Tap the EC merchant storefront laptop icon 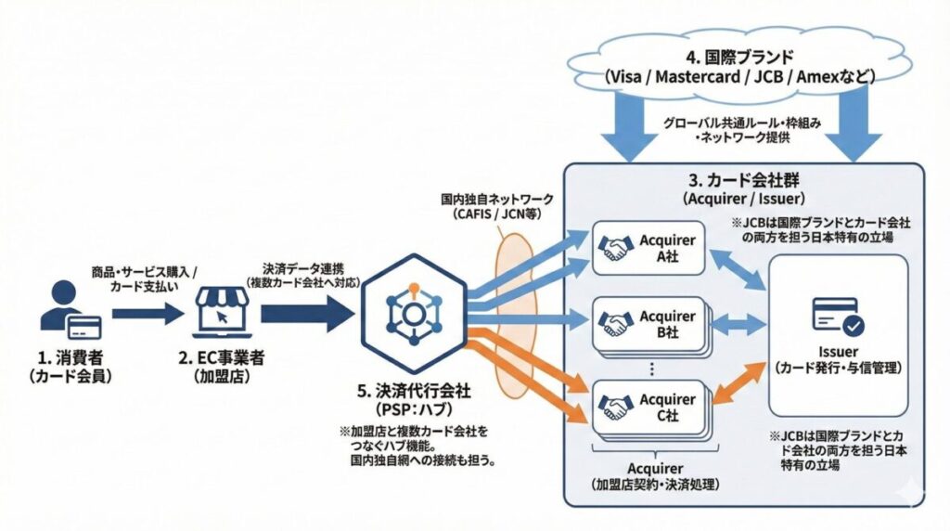222,311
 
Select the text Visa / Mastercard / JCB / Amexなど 738,78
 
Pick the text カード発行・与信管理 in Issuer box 838,369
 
